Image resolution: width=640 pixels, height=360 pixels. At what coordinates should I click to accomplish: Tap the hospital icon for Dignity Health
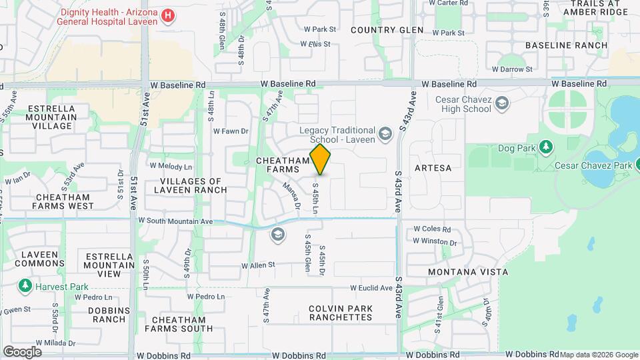tap(169, 15)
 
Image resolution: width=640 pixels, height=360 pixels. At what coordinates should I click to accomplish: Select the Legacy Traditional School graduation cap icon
tap(385, 135)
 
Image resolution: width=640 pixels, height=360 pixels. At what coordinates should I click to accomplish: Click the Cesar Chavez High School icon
tap(501, 103)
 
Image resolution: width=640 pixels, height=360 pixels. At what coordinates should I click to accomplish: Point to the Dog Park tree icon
tap(546, 146)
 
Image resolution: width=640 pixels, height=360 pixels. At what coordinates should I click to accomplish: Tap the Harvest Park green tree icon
tap(25, 286)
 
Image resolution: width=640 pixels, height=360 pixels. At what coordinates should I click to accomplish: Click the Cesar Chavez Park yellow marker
tap(637, 165)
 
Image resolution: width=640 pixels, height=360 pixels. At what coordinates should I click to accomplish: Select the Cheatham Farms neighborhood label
tap(283, 165)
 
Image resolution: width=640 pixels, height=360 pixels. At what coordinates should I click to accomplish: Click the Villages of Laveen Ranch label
tap(194, 185)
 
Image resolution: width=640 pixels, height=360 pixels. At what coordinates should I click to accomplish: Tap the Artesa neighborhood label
tap(433, 168)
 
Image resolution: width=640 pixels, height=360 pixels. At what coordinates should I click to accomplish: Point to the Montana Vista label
tap(467, 272)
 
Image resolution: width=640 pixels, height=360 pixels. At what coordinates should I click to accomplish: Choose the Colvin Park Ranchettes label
tap(341, 313)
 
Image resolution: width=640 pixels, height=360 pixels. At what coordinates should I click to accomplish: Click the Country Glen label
tap(387, 30)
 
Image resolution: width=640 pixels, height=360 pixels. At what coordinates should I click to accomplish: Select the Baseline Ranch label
tap(566, 45)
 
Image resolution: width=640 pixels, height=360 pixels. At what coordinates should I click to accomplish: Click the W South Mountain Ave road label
tap(175, 221)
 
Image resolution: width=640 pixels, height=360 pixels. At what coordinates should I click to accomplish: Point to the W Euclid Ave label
tap(371, 288)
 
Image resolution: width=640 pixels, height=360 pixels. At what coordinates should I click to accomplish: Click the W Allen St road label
tap(258, 265)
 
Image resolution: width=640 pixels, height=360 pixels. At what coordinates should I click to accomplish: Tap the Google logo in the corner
tap(22, 351)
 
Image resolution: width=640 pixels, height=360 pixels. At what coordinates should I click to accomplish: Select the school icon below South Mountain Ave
tap(277, 234)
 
